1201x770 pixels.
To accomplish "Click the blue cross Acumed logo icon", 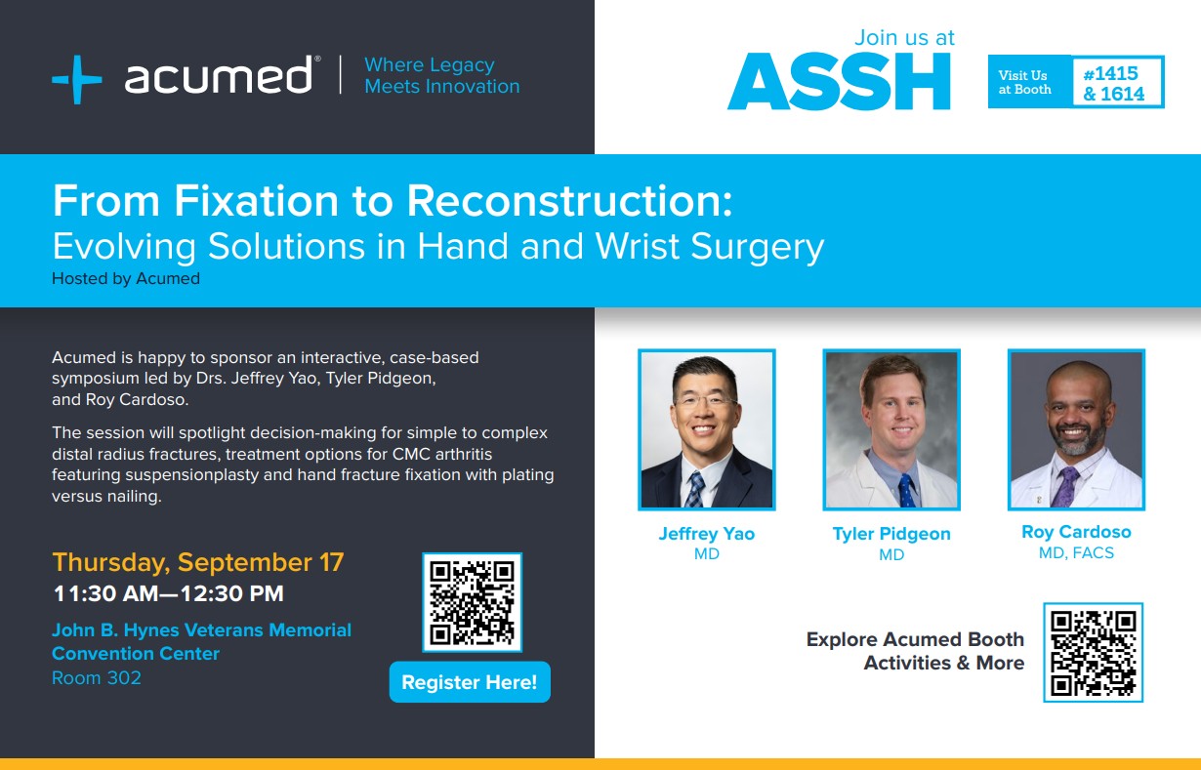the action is (x=77, y=79).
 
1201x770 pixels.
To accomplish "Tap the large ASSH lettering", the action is (x=839, y=81).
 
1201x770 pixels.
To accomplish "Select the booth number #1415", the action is (x=1110, y=73).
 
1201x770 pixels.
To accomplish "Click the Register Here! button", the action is (x=470, y=681).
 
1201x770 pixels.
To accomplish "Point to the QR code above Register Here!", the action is (x=472, y=602).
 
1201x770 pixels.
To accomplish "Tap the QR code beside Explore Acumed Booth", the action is (x=1094, y=652).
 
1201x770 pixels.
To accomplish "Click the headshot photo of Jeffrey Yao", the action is (x=707, y=429).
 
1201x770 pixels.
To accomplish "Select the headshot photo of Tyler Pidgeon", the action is (x=891, y=429).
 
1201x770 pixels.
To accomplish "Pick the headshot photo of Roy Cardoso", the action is (x=1076, y=429).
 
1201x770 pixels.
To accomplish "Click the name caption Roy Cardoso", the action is (x=1076, y=532).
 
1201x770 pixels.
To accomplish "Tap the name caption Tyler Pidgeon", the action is (x=891, y=534).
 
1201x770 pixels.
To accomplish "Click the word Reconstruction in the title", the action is (x=569, y=200).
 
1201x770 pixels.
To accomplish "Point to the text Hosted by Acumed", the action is (x=126, y=279).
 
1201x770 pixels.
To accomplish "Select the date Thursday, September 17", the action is (x=198, y=562).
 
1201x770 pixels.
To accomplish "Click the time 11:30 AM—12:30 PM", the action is (x=168, y=593).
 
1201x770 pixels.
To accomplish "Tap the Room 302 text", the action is (x=97, y=678).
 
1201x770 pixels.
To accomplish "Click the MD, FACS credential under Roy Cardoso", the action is (x=1076, y=553).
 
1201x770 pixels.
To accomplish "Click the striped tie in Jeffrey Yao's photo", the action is (x=695, y=489).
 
